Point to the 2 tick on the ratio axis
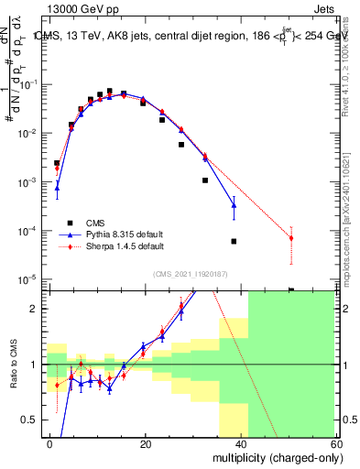38,309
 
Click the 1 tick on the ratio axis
38,365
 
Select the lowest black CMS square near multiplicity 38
234,242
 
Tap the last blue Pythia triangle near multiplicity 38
234,205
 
